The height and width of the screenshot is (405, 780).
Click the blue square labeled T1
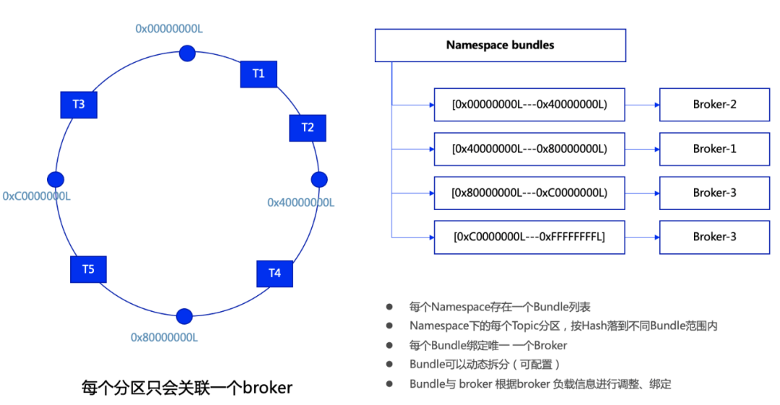pos(259,74)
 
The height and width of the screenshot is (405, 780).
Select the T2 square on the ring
pos(308,128)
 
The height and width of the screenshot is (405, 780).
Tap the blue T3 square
pos(79,105)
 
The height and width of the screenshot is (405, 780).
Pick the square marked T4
pos(274,273)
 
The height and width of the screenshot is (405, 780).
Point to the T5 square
pos(88,269)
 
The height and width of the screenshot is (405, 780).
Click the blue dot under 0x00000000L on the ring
pos(187,53)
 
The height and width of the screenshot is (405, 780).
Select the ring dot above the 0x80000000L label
pos(184,316)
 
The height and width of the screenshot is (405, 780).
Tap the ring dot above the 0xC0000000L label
pos(55,180)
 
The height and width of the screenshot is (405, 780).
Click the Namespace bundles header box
pos(500,45)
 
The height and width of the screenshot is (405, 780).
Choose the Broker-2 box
pos(714,105)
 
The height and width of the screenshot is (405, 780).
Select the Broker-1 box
pos(714,149)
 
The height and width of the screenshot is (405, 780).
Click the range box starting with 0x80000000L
pos(529,193)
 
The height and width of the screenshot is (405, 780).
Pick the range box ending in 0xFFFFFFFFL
pos(529,237)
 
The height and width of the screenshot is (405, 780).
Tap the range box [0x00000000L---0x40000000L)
pos(529,105)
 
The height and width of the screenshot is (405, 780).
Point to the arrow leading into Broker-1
pos(642,149)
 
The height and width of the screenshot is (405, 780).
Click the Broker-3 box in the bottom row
pos(714,237)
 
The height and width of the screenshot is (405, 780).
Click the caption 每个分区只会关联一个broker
pos(186,388)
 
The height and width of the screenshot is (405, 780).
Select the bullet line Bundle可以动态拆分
pos(485,364)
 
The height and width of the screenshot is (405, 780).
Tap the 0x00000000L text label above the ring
pos(170,28)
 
